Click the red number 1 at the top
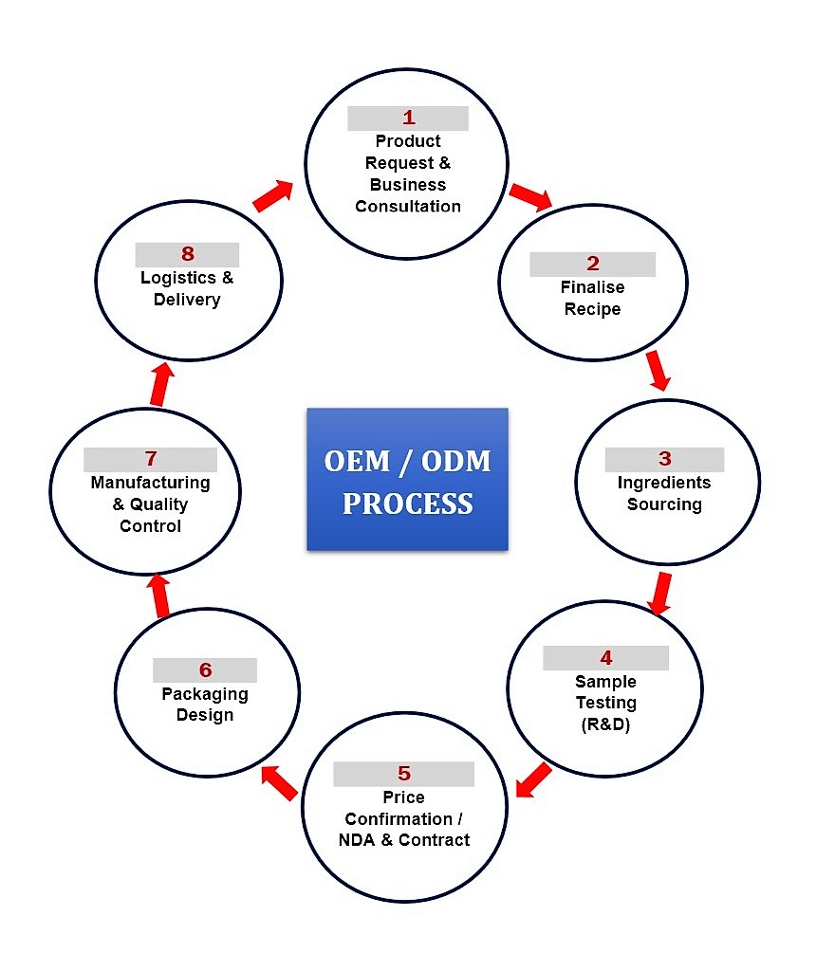(x=409, y=118)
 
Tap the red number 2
(x=593, y=264)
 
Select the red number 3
(x=664, y=459)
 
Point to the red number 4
(x=606, y=657)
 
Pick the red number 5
(x=404, y=773)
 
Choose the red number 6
(x=205, y=669)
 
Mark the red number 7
(x=150, y=459)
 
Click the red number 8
(x=187, y=254)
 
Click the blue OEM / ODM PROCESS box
(x=407, y=480)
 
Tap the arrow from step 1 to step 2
(x=530, y=196)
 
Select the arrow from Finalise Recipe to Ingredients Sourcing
(x=657, y=371)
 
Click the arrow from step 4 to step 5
(x=533, y=780)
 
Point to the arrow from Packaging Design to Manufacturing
(x=160, y=595)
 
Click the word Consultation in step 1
(x=408, y=206)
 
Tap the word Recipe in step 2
(x=592, y=309)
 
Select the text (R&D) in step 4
(x=605, y=725)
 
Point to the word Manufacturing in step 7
(x=150, y=483)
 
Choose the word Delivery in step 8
(x=187, y=300)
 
